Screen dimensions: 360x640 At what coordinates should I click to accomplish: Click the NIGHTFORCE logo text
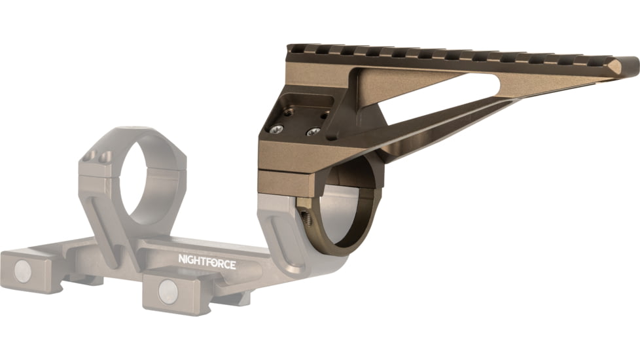point(207,259)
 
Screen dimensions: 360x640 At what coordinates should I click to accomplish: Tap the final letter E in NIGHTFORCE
point(232,264)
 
